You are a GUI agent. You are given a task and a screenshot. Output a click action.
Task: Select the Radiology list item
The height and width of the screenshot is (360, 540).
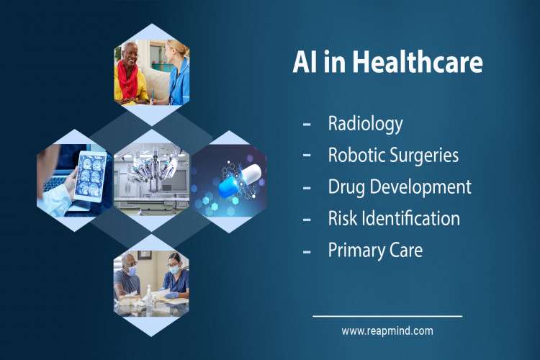[x=365, y=123]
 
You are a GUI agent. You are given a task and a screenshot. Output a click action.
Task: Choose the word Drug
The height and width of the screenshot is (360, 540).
[x=345, y=186]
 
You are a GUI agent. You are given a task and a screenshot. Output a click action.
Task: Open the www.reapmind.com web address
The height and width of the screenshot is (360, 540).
[x=387, y=331]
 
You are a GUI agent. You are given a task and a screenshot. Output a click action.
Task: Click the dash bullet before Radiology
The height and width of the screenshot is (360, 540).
[x=307, y=124]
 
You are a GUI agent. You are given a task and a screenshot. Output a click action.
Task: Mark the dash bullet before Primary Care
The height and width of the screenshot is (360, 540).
[x=307, y=251]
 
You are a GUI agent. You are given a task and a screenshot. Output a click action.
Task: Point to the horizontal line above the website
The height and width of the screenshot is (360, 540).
[x=387, y=315]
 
